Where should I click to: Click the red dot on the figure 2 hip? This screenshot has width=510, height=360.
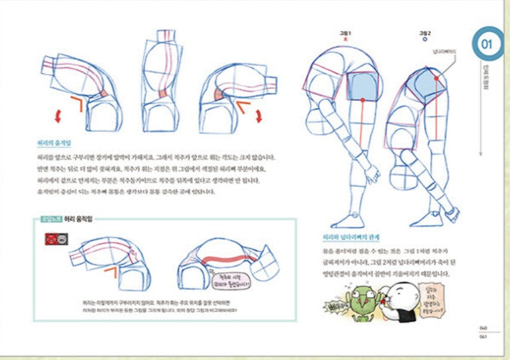pyautogui.click(x=437, y=78)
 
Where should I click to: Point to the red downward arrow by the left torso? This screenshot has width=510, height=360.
pyautogui.click(x=57, y=116)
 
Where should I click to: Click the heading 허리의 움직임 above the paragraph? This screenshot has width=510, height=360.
pyautogui.click(x=54, y=144)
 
